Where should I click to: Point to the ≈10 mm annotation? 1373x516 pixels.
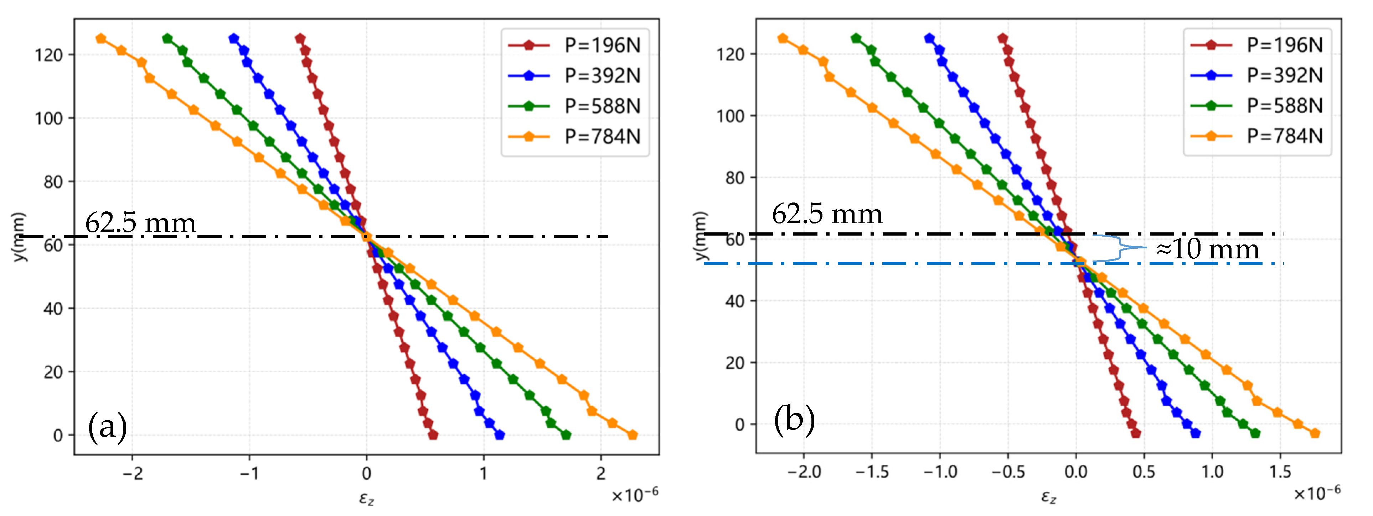pyautogui.click(x=1207, y=249)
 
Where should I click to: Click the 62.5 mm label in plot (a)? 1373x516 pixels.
pyautogui.click(x=140, y=222)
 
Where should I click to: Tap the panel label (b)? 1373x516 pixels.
pyautogui.click(x=794, y=419)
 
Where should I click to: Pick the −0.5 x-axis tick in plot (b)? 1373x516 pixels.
pyautogui.click(x=1007, y=472)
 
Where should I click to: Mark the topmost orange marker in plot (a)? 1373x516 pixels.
pyautogui.click(x=101, y=38)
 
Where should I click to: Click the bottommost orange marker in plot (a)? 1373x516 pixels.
pyautogui.click(x=632, y=435)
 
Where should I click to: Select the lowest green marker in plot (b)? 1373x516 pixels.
pyautogui.click(x=1255, y=433)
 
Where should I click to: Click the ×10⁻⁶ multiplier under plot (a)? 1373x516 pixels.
pyautogui.click(x=634, y=495)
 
